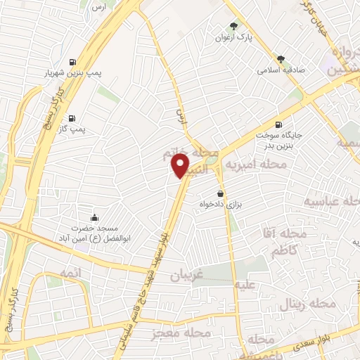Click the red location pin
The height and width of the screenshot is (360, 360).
181,165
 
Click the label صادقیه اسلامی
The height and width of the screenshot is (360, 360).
280,70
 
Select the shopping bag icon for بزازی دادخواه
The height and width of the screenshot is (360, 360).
221,193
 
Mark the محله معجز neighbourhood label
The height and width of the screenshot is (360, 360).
176,332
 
